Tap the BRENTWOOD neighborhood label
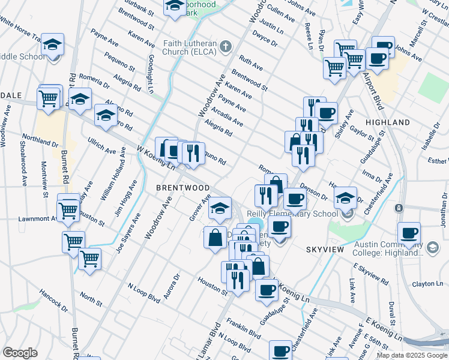point(182,188)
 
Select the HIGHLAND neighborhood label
point(388,122)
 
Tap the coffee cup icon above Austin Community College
point(409,233)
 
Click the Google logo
point(20,353)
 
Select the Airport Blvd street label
point(372,91)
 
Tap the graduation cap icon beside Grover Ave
point(220,208)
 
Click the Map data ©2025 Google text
point(412,355)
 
